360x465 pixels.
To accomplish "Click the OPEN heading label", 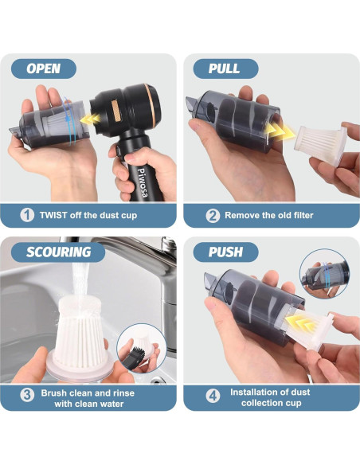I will (43, 68).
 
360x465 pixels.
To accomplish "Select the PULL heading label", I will (224, 68).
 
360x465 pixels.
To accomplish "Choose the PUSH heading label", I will (225, 252).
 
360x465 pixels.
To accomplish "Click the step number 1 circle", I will (28, 214).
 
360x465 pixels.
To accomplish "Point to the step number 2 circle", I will (212, 215).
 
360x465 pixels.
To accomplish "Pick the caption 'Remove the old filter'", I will (269, 215).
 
